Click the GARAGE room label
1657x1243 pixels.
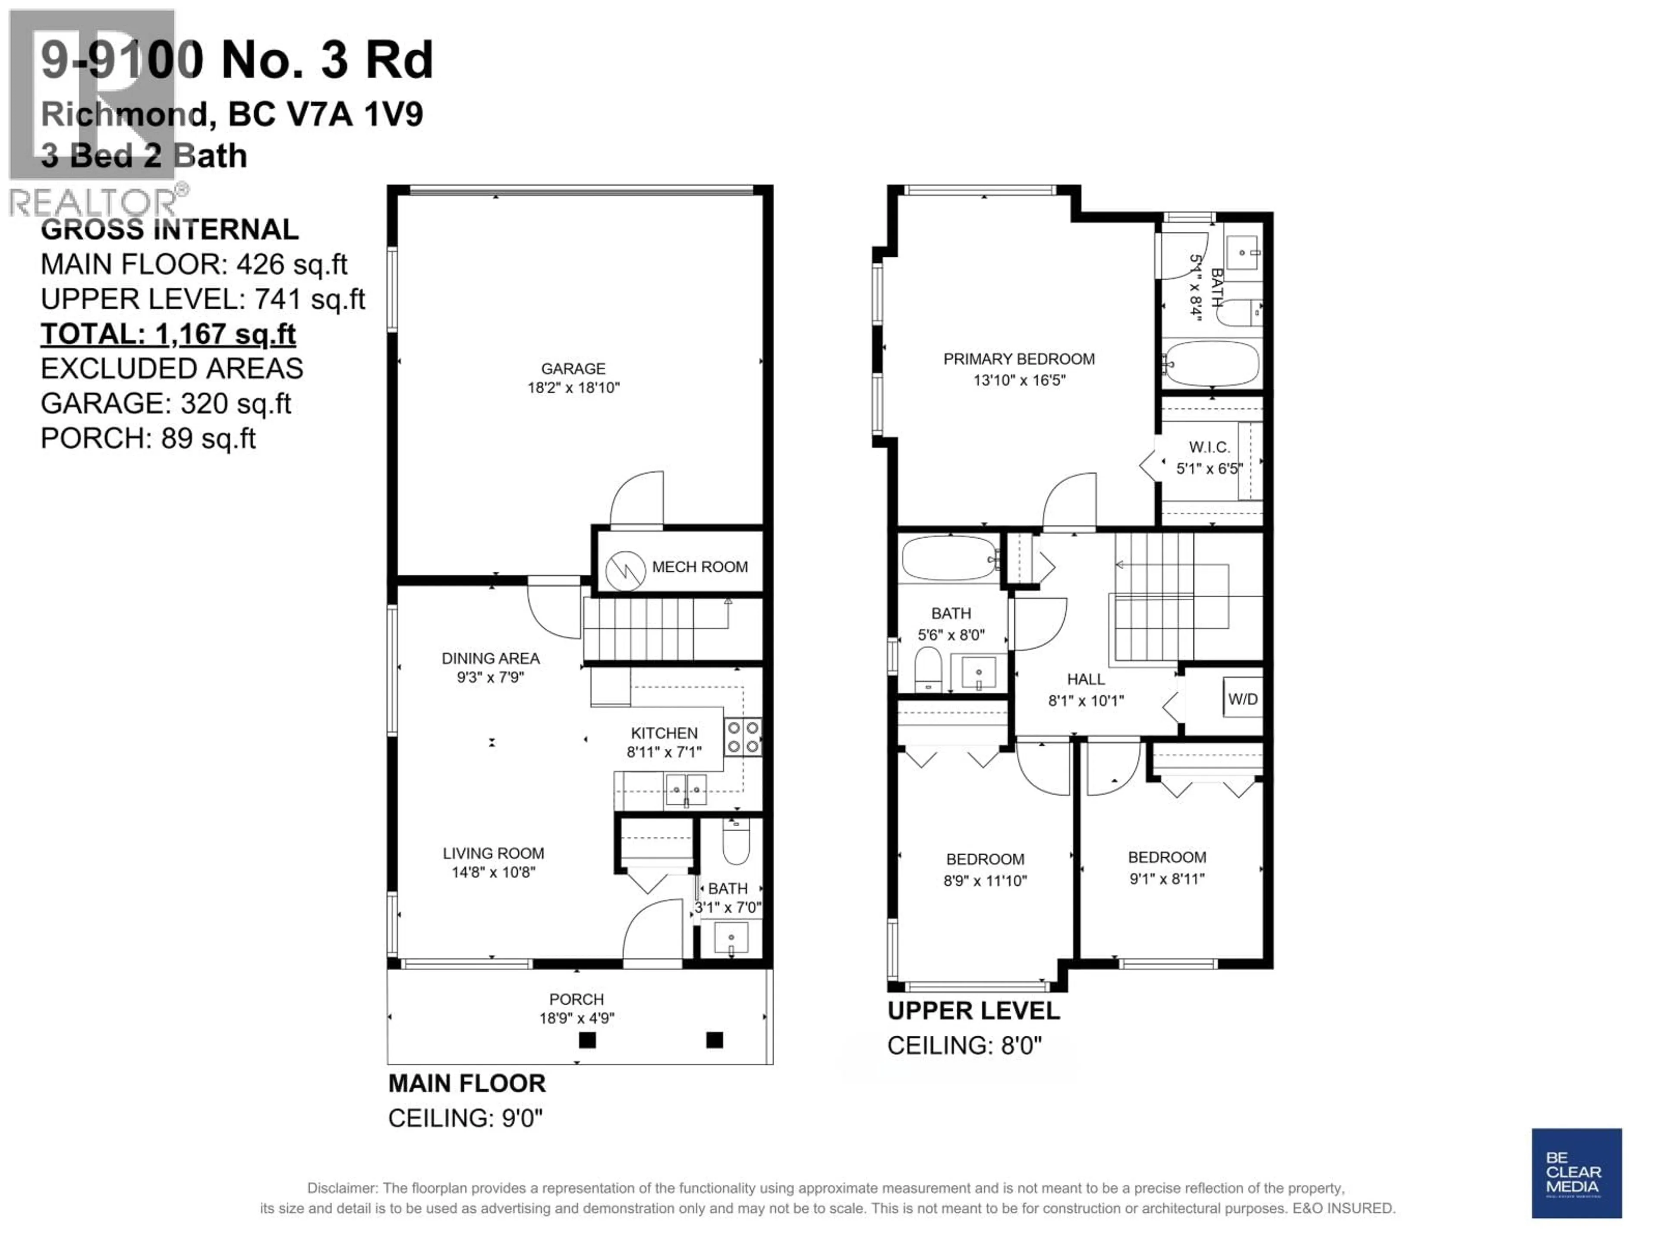[x=573, y=369]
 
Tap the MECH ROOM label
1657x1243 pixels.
[x=699, y=567]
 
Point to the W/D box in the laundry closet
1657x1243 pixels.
[x=1243, y=699]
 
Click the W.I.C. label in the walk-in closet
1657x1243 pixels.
[x=1209, y=447]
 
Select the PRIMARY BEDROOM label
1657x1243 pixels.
[x=1019, y=360]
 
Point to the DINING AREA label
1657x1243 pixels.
[x=491, y=659]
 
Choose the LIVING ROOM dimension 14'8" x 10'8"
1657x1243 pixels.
[x=494, y=872]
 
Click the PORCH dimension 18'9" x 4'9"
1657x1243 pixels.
[x=577, y=1018]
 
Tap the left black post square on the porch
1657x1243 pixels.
[x=587, y=1040]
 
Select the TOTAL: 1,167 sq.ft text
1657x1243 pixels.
[x=168, y=334]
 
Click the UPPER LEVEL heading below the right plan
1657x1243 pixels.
[x=973, y=1011]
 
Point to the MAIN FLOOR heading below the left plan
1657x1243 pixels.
[x=467, y=1083]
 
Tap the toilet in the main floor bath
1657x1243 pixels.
[x=736, y=843]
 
